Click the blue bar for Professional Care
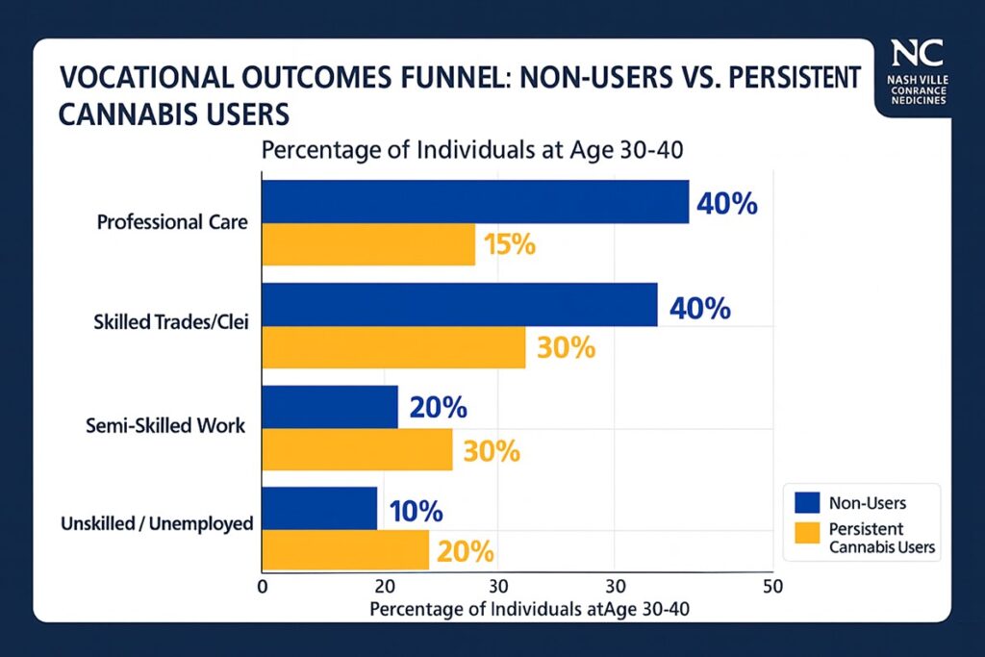point(475,201)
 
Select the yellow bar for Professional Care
point(368,244)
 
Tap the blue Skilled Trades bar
point(459,305)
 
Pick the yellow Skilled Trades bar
point(393,347)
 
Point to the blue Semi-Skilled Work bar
point(329,407)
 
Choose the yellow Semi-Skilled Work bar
point(357,449)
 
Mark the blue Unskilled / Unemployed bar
point(319,508)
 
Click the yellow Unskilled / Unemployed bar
point(345,550)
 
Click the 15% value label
point(509,244)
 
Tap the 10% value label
point(417,510)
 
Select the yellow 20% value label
point(466,552)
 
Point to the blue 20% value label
point(438,408)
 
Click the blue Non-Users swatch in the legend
point(806,501)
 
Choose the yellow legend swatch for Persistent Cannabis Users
point(806,530)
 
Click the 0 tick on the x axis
point(262,586)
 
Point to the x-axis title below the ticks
point(529,609)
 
